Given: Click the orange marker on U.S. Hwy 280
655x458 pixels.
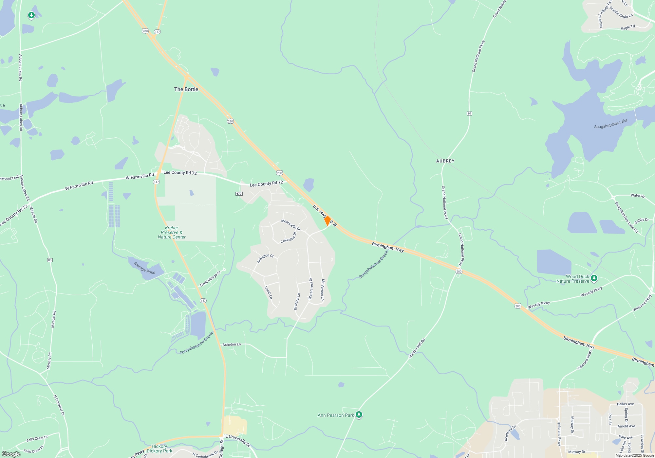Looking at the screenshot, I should (x=327, y=221).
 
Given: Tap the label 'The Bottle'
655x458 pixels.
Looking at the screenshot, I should (x=186, y=89).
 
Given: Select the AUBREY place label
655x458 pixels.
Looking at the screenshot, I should (x=445, y=161).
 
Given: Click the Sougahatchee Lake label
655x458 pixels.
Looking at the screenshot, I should (x=611, y=124).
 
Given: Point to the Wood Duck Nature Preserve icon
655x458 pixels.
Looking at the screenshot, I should (x=594, y=278).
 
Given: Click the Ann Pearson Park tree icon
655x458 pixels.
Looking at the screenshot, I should (x=359, y=415).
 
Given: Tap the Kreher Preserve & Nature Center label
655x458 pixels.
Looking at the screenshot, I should (x=172, y=232).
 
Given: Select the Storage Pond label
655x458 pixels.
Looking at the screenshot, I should (x=144, y=268).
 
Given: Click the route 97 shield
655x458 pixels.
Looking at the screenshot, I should (x=469, y=114).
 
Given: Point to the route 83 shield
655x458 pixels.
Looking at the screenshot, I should (x=50, y=260).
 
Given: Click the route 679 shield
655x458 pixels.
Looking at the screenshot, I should (x=239, y=194).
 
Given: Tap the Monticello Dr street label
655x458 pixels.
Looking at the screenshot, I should (x=290, y=225).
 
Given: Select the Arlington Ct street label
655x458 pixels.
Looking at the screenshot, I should (x=265, y=258).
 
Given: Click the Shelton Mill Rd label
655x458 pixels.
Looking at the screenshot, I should (x=416, y=348).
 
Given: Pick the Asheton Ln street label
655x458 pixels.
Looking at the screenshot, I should (x=232, y=344).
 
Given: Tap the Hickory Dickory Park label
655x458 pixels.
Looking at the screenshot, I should (x=159, y=449).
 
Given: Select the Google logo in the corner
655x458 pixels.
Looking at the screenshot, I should (x=11, y=454).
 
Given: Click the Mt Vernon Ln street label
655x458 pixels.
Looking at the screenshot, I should (x=323, y=290).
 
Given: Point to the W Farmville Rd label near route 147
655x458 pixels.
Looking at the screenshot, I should (x=140, y=176).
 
